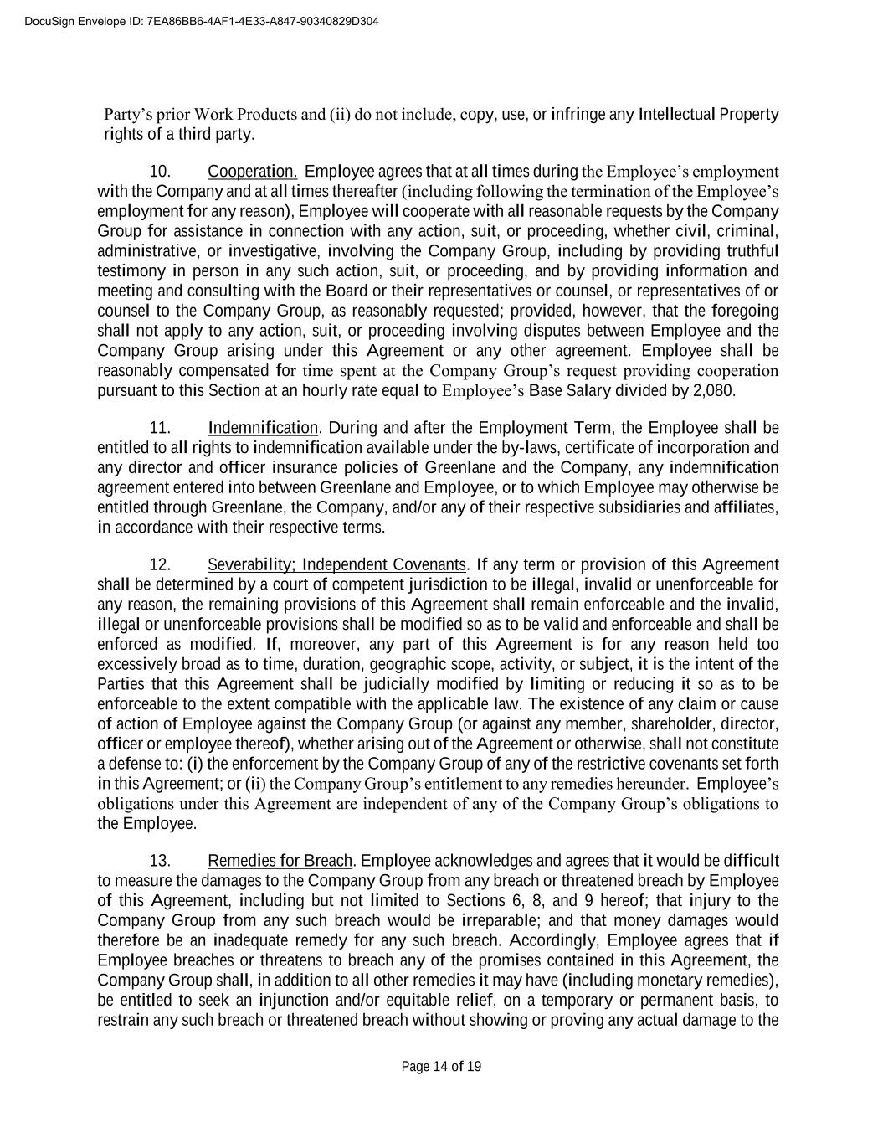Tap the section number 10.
click(x=160, y=172)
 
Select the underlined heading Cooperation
click(x=252, y=172)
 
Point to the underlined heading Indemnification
click(x=263, y=428)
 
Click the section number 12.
click(x=160, y=564)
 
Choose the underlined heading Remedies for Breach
click(x=280, y=861)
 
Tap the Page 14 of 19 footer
click(x=441, y=1066)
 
